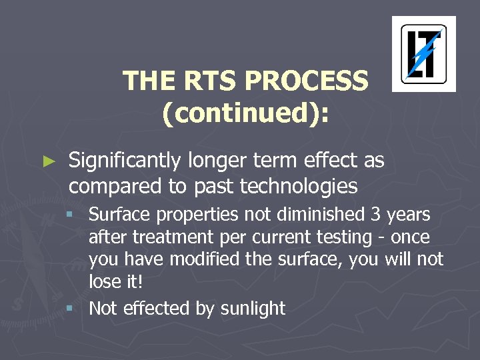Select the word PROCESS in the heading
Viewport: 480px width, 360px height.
point(307,81)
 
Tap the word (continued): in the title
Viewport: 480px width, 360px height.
point(245,113)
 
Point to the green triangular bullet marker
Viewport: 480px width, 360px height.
point(47,161)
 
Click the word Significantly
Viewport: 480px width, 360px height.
point(124,161)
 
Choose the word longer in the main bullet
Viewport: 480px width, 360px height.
point(214,161)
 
